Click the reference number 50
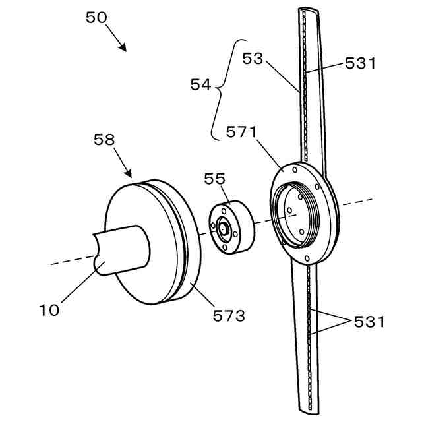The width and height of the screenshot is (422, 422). (x=96, y=18)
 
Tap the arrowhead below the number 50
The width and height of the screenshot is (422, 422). (x=123, y=47)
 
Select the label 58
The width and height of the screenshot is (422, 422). (x=104, y=140)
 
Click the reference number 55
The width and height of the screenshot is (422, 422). (x=214, y=179)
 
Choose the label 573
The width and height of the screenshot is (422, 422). (x=229, y=316)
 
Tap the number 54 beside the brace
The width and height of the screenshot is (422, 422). (x=200, y=84)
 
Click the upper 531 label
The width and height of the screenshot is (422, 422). (x=360, y=64)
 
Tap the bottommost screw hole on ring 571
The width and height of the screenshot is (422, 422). (x=307, y=256)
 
